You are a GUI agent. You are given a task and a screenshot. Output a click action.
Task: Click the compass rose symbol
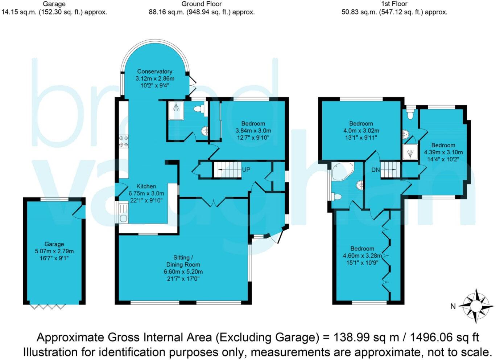pos(476,306)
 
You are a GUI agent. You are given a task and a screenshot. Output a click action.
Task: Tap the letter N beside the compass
pos(453,306)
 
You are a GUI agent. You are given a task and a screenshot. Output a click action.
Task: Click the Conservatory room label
pos(154,71)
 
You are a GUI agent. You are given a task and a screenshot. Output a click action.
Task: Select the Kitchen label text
pos(146,186)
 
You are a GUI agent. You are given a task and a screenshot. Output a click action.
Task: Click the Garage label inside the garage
pos(54,244)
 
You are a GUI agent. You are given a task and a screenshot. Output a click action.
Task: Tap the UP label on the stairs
pos(246,169)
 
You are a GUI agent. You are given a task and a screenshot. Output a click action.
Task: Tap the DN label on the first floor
pos(375,170)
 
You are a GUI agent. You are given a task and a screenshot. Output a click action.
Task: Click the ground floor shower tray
pos(175,110)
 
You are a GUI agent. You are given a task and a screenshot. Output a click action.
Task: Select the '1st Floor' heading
pos(394,4)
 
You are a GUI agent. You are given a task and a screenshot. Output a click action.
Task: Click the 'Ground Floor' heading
pos(202,4)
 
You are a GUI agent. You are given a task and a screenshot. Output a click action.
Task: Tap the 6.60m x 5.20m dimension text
pos(183,271)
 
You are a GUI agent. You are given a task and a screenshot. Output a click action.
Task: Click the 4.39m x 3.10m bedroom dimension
pos(443,152)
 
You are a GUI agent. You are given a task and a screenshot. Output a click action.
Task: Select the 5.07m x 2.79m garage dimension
pos(54,251)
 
